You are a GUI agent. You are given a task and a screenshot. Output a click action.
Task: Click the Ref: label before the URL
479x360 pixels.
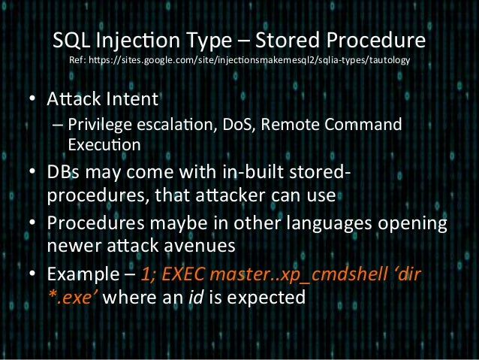tap(78, 60)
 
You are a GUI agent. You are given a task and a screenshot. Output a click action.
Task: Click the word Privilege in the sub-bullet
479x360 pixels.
tap(97, 124)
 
